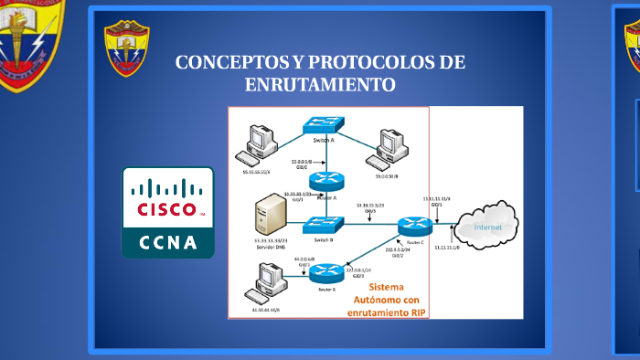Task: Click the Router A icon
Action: (324, 182)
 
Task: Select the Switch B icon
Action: (324, 224)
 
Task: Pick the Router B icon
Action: (325, 271)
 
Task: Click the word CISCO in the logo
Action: (166, 208)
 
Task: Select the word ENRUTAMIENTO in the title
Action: (320, 85)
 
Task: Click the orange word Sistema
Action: (391, 285)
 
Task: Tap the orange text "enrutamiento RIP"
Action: (388, 312)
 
